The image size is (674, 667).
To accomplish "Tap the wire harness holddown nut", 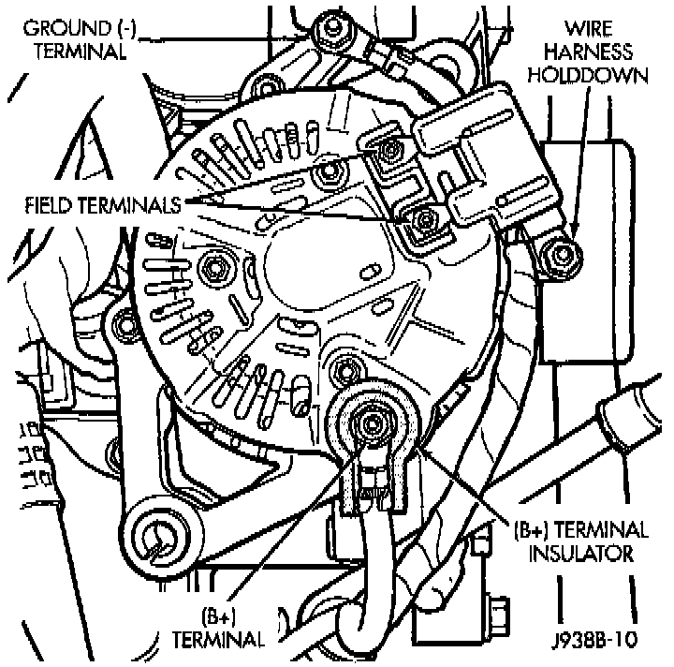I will tap(560, 254).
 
